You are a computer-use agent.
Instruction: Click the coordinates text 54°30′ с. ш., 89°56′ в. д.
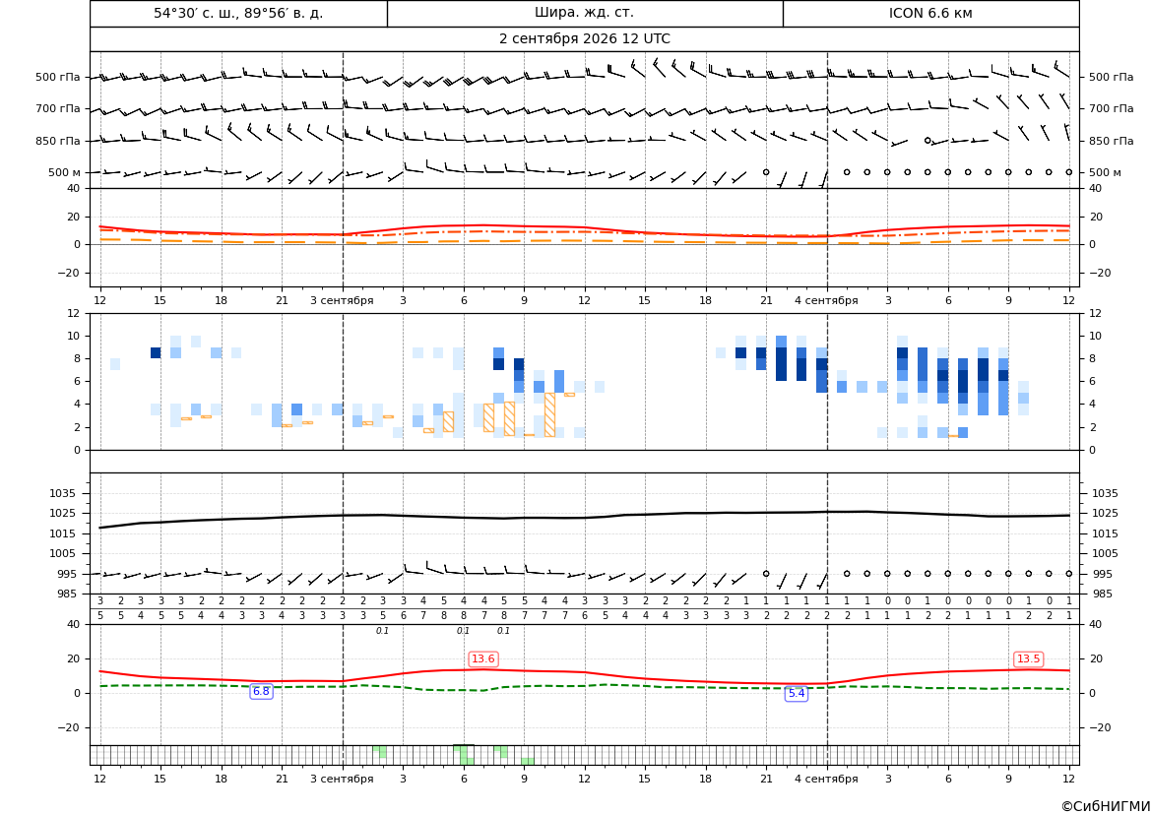point(238,13)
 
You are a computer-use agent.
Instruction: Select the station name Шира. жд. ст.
point(584,13)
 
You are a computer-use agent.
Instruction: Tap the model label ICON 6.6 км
point(930,13)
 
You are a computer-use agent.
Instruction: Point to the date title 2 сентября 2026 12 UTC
point(584,39)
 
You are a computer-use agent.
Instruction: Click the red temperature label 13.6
point(483,659)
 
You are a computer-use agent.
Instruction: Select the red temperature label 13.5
point(1028,659)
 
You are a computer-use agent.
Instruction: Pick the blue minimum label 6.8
point(261,691)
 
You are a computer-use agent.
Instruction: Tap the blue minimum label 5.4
point(797,694)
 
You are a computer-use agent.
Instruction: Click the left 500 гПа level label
point(58,77)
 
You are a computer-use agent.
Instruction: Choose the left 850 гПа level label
point(58,141)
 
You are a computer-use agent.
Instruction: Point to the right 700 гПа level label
point(1111,108)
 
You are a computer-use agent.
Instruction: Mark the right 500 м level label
point(1105,172)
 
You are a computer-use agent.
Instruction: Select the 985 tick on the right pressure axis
point(1105,594)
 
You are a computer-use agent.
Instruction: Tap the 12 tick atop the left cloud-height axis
point(74,313)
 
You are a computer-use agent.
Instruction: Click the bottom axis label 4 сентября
point(826,779)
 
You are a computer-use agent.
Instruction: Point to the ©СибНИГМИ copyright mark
point(1106,806)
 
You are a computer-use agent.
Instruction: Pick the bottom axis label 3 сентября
point(342,779)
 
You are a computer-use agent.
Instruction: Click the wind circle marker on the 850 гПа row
point(927,140)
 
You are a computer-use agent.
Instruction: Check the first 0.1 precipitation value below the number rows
point(382,631)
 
